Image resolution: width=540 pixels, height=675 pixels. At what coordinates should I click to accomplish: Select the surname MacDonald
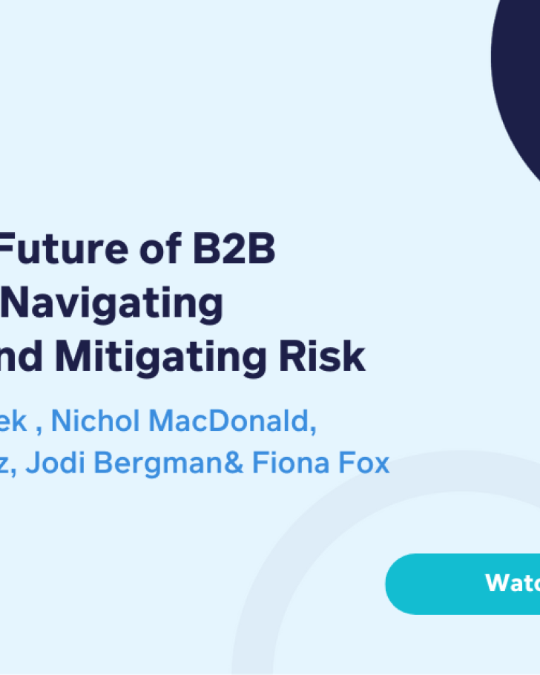click(225, 421)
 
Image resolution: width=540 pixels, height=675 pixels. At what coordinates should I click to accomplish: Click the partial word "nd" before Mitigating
click(24, 357)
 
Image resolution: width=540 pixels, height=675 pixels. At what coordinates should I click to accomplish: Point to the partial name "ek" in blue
click(15, 421)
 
